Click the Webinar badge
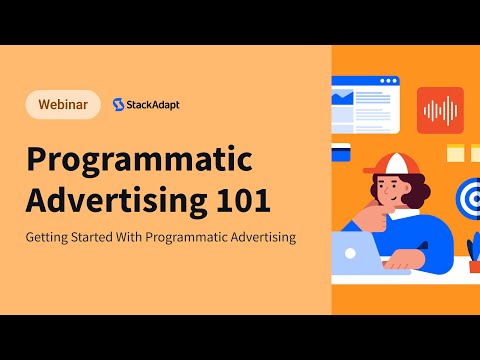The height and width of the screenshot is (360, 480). click(x=63, y=104)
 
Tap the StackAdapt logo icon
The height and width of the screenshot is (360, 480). click(x=120, y=104)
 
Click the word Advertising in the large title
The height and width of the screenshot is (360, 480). click(x=110, y=199)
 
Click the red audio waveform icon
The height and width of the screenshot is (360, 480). click(x=440, y=110)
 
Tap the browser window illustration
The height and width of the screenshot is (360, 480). click(x=366, y=105)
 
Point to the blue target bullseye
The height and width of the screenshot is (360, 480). click(x=468, y=196)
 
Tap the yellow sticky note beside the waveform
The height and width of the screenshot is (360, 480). click(x=455, y=153)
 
